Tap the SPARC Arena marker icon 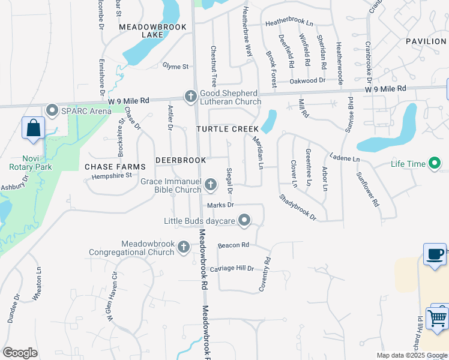click(51, 110)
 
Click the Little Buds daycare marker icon click(244, 221)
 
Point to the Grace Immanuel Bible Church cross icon click(210, 185)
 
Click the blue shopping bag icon click(33, 128)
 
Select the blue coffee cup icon click(435, 254)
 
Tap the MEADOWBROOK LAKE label click(145, 31)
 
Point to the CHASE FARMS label click(115, 166)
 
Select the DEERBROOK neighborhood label click(181, 160)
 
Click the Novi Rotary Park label click(26, 163)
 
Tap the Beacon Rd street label click(234, 245)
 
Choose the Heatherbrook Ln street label click(289, 23)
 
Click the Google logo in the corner click(20, 353)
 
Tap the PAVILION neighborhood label click(426, 41)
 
